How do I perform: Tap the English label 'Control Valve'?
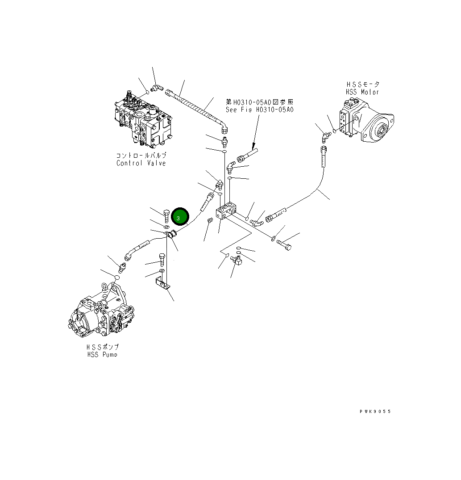[x=141, y=163]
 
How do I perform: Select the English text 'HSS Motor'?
[x=362, y=92]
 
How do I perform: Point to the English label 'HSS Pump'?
[x=103, y=354]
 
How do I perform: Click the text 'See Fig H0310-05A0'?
[x=260, y=110]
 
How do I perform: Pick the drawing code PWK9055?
[x=375, y=412]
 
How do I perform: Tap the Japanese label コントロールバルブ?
[x=141, y=156]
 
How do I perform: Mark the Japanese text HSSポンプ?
[x=103, y=347]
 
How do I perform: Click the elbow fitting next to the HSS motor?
[x=325, y=134]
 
